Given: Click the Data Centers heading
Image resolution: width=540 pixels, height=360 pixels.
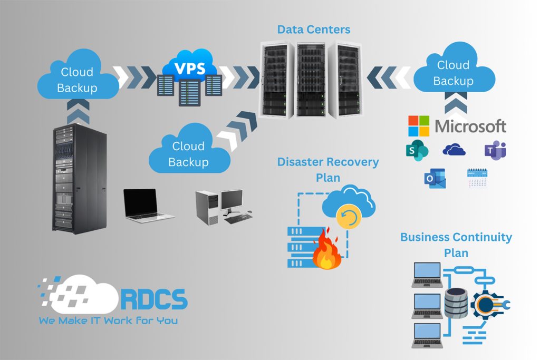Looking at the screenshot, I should click(x=313, y=30).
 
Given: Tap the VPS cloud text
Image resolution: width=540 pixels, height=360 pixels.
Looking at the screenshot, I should click(x=190, y=68).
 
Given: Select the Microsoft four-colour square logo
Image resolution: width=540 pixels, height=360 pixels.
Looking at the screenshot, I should click(x=419, y=127).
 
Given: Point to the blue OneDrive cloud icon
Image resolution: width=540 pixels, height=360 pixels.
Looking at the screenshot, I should click(x=454, y=151).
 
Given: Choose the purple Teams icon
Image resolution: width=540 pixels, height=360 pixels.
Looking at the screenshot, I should click(x=495, y=151).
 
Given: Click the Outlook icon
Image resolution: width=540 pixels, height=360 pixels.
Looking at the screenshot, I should click(x=435, y=179).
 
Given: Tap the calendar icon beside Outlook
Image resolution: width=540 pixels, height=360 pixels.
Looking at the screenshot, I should click(x=477, y=178).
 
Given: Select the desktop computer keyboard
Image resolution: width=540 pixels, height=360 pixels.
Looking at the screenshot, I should click(x=238, y=218).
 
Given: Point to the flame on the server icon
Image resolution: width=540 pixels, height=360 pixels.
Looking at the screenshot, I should click(x=326, y=250).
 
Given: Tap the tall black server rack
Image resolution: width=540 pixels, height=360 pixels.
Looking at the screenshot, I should click(x=79, y=179).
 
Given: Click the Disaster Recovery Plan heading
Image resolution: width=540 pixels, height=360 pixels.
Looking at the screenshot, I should click(x=328, y=169).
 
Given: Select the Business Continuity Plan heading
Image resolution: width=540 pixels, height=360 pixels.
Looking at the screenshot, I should click(x=456, y=245).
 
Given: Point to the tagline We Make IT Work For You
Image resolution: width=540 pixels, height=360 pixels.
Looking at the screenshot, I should click(x=108, y=320).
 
